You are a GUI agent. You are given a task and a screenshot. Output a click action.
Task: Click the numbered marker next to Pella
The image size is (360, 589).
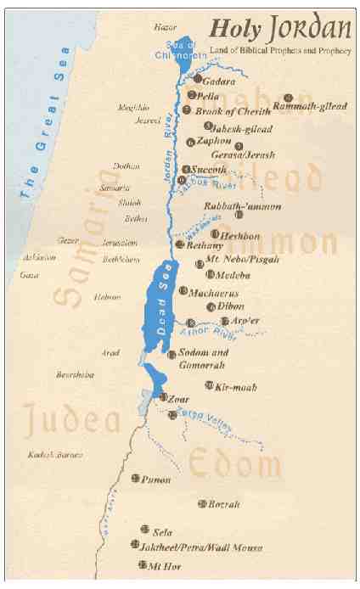[191, 95]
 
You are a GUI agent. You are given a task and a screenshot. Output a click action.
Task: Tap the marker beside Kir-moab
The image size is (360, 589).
[209, 386]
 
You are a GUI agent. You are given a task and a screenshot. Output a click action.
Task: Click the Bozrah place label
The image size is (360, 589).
[225, 504]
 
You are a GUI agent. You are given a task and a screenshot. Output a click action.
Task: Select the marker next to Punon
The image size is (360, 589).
[136, 480]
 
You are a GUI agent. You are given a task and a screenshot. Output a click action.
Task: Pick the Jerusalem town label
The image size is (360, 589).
[96, 242]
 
